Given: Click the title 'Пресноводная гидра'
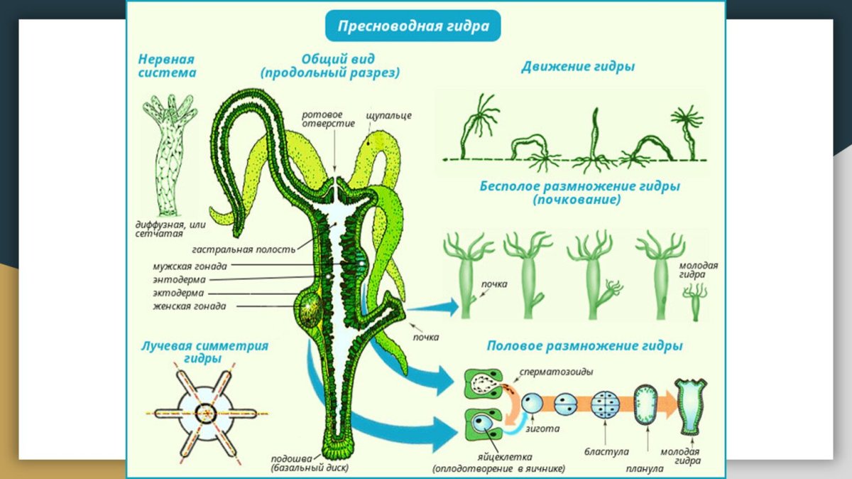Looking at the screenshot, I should pos(413,27).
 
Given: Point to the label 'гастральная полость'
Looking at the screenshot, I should pos(244,249).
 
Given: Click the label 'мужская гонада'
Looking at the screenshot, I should pos(190,267).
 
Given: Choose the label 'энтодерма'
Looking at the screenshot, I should pos(179,280).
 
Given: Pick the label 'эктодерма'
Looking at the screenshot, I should pos(178,293).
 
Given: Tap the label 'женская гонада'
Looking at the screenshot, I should pos(190,306).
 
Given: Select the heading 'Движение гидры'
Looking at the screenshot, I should pos(578,67).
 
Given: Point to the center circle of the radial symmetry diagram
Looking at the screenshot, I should pos(205,412).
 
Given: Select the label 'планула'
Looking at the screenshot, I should pos(645,468).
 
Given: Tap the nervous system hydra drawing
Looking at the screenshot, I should pos(168,156).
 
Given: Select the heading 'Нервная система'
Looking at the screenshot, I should pos(168,66).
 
